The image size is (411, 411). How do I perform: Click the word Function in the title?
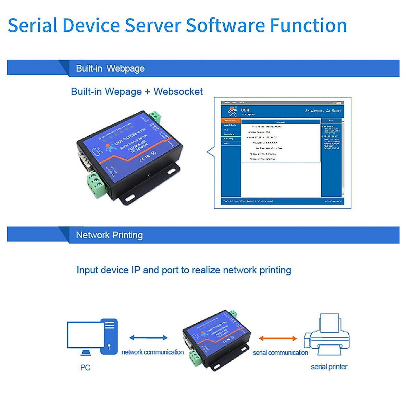point(308,26)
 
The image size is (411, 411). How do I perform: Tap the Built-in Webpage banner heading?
point(110,68)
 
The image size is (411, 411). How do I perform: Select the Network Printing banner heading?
point(109,235)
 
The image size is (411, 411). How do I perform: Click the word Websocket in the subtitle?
point(178,92)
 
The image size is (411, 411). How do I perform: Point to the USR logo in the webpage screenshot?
point(233,111)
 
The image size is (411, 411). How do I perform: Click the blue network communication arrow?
point(148,338)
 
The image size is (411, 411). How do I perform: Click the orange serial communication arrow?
point(278,338)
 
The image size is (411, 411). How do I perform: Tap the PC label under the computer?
point(85,368)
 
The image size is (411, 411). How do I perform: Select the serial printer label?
point(329,367)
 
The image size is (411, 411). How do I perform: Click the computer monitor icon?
point(84,336)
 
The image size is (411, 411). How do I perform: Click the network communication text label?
point(152,352)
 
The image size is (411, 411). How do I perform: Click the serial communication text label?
point(280,352)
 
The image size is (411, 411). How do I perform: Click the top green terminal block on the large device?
point(155,116)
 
